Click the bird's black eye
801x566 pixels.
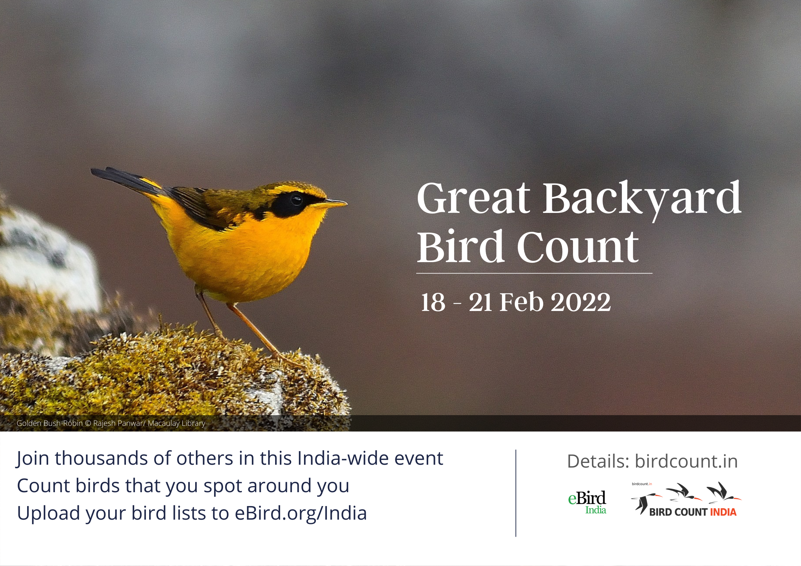(x=296, y=199)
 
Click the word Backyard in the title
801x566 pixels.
(x=642, y=198)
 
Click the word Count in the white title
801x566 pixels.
(x=578, y=247)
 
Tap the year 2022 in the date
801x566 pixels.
(x=581, y=302)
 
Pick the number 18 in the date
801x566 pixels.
(x=433, y=302)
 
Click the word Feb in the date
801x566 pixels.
(x=521, y=302)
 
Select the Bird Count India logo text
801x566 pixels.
(x=693, y=512)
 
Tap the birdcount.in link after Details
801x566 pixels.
(x=686, y=461)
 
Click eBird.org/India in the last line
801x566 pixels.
(x=300, y=514)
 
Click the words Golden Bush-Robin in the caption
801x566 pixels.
(x=50, y=423)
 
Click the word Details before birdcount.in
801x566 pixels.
(x=598, y=461)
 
